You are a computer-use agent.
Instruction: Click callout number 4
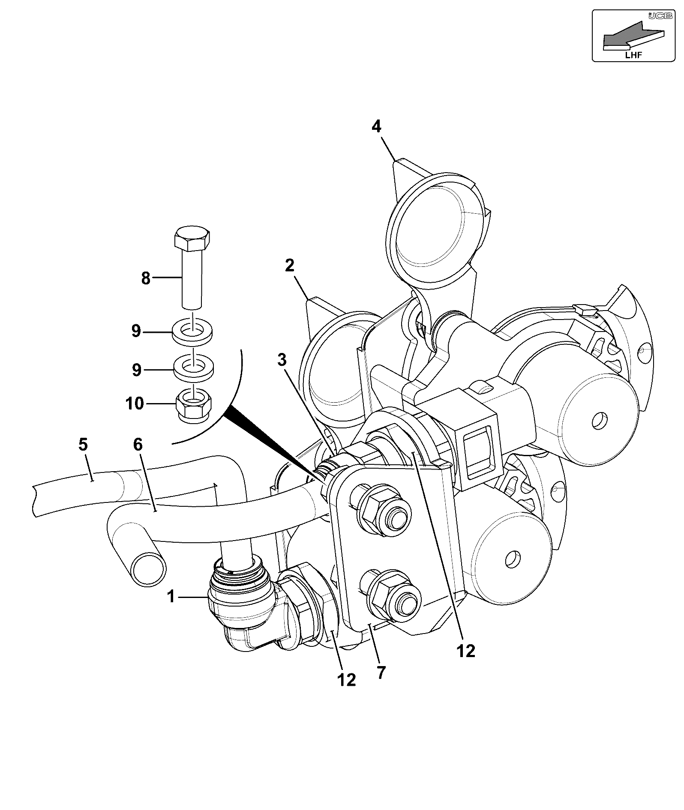click(376, 127)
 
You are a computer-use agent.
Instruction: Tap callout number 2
click(290, 266)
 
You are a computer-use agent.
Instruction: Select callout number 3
click(282, 360)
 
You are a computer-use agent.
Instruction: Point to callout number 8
click(146, 278)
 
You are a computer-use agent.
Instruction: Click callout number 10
click(135, 403)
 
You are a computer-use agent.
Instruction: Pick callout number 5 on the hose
click(83, 445)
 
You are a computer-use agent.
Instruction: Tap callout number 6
click(138, 445)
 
